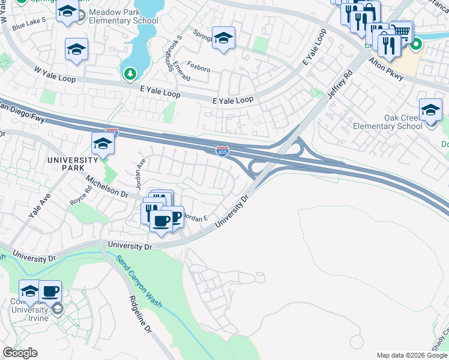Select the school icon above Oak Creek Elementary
[x=430, y=110]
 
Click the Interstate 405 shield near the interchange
[x=222, y=151]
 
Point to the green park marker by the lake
[x=130, y=74]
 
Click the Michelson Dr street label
[x=107, y=187]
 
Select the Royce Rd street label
[x=80, y=193]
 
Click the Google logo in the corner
[x=20, y=352]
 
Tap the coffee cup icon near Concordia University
[x=50, y=291]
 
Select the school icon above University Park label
[x=103, y=144]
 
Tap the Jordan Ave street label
[x=140, y=175]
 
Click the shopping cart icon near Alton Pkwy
[x=402, y=31]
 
